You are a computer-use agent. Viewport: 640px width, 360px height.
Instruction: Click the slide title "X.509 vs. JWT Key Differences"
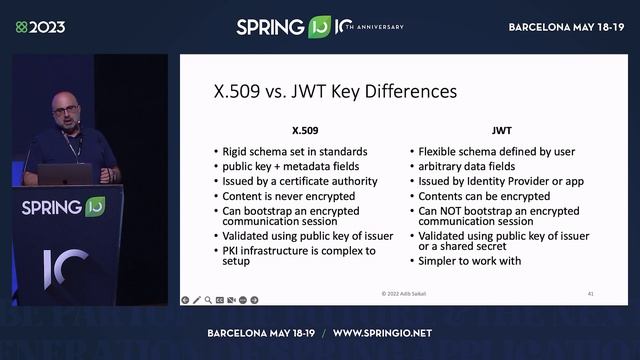(328, 91)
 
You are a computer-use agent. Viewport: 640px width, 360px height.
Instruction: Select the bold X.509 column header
(304, 130)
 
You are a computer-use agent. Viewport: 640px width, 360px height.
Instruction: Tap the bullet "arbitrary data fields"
(466, 167)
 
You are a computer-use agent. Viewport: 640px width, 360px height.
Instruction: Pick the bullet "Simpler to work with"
(470, 261)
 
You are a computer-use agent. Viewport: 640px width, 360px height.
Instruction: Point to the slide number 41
(592, 294)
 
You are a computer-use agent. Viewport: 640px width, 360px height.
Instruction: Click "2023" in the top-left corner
(46, 27)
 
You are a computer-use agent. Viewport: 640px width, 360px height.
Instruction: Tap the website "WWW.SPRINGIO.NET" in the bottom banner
(382, 332)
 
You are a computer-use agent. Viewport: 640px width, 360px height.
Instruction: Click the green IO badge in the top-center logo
(320, 27)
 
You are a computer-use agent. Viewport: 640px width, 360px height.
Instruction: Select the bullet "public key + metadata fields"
(290, 167)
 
